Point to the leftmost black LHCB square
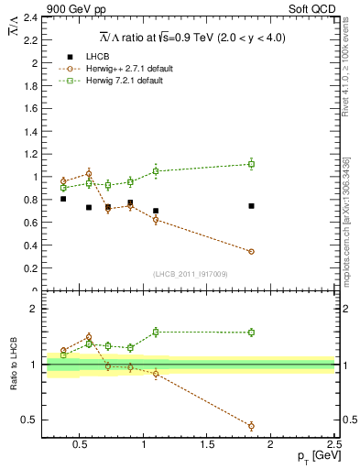pyautogui.click(x=62, y=199)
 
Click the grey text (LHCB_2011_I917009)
pyautogui.click(x=190, y=274)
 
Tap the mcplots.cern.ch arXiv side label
pyautogui.click(x=346, y=220)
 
